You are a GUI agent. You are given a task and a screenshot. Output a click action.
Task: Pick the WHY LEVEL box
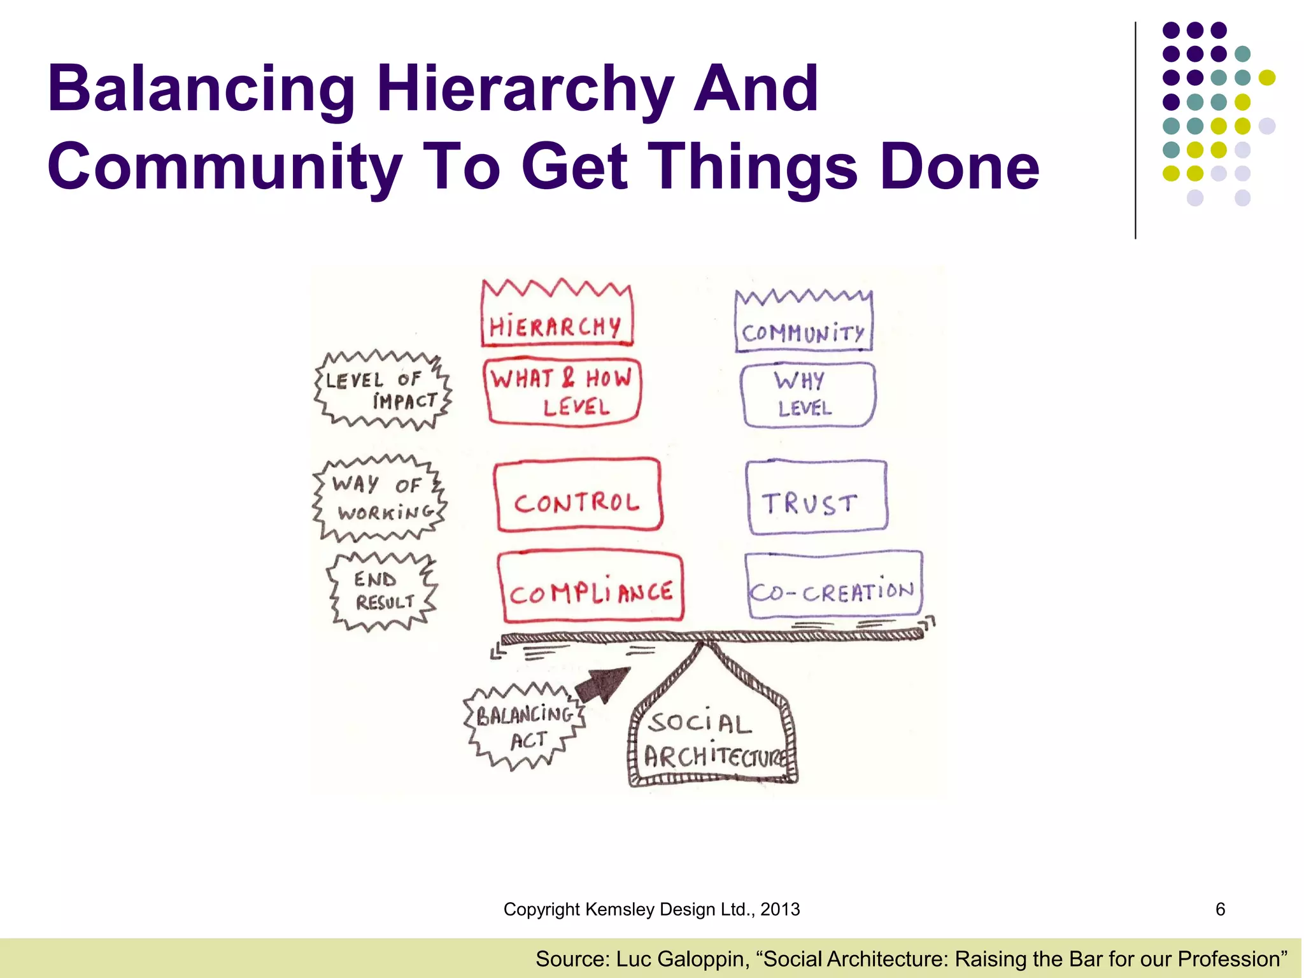[x=807, y=395]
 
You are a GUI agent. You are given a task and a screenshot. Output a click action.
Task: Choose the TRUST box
[x=816, y=497]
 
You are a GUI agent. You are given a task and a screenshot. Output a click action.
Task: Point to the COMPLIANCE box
[x=591, y=587]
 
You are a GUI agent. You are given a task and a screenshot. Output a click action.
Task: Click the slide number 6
[x=1220, y=909]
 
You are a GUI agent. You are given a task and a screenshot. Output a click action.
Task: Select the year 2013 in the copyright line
[x=780, y=909]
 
